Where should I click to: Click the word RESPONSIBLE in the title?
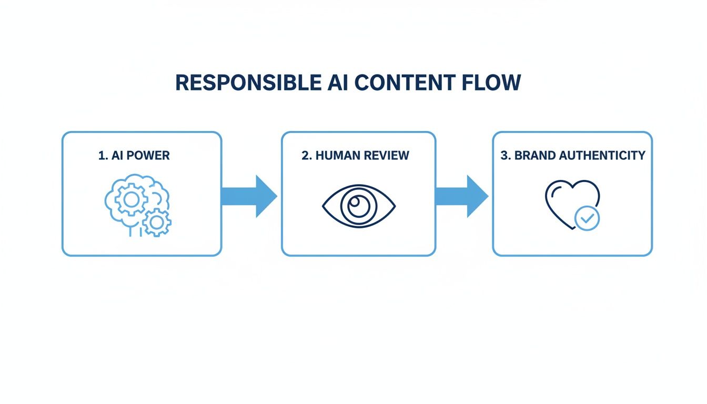tap(245, 83)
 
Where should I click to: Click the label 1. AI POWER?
tap(134, 156)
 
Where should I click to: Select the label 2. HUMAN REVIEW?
tap(356, 156)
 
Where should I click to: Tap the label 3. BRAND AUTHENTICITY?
tap(573, 156)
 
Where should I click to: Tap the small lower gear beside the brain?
tap(156, 221)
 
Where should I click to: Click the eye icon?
tap(359, 206)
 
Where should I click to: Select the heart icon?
tap(571, 204)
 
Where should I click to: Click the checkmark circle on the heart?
tap(587, 218)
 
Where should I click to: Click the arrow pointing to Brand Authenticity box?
tap(461, 196)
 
